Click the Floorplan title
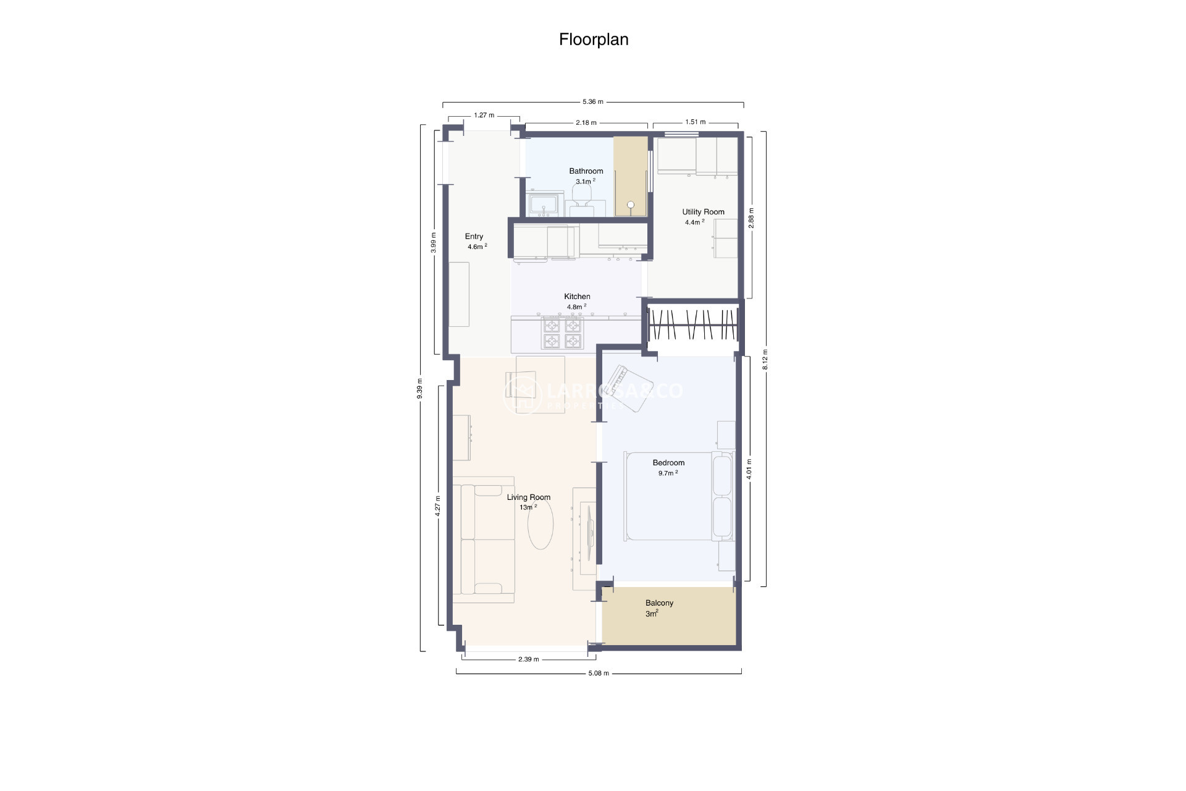coord(594,40)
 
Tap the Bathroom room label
coord(586,171)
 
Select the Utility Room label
coord(703,212)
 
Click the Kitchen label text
coord(577,297)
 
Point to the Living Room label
coord(528,497)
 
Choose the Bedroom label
coord(668,463)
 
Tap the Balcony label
coord(659,603)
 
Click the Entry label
coord(474,237)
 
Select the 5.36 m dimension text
coord(592,102)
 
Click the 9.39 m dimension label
coord(420,389)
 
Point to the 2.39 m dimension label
coord(528,659)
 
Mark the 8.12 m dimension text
coord(765,359)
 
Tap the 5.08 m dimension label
coord(598,673)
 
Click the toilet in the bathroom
coord(581,197)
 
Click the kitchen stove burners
coord(562,333)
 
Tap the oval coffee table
coord(540,524)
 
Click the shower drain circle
coord(631,205)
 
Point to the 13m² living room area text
coord(528,507)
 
